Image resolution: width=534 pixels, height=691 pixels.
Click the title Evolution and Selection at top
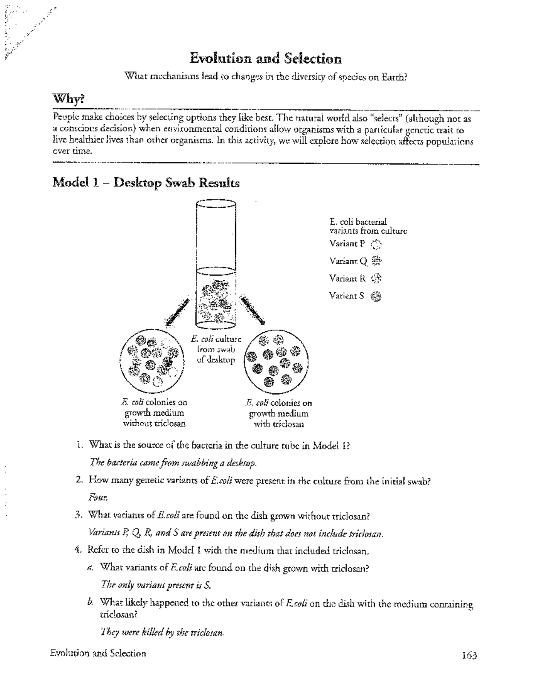pyautogui.click(x=266, y=58)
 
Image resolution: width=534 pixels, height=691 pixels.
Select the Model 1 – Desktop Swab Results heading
pyautogui.click(x=146, y=183)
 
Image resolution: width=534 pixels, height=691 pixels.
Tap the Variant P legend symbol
pyautogui.click(x=376, y=244)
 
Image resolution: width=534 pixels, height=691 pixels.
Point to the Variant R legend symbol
pyautogui.click(x=376, y=279)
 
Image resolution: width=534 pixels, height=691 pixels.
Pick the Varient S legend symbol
pyautogui.click(x=376, y=296)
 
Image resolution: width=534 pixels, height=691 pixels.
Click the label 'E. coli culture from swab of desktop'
pyautogui.click(x=216, y=349)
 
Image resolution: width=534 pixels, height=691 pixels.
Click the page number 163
pyautogui.click(x=469, y=655)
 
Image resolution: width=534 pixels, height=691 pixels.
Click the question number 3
pyautogui.click(x=78, y=516)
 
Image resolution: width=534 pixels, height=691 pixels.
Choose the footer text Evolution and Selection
pyautogui.click(x=98, y=653)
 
